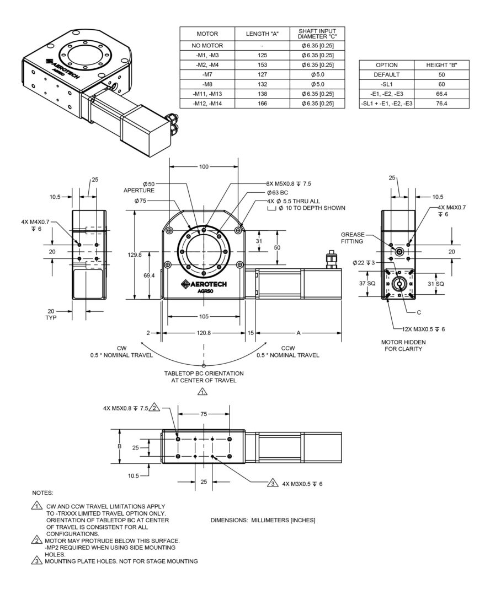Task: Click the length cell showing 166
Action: pyautogui.click(x=262, y=104)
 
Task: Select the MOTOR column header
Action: pyautogui.click(x=207, y=34)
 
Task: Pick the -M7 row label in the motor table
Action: pyautogui.click(x=207, y=74)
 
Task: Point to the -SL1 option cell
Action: pyautogui.click(x=386, y=84)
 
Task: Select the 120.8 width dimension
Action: pyautogui.click(x=204, y=333)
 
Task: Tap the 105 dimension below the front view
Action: pyautogui.click(x=204, y=317)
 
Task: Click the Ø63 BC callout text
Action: pyautogui.click(x=278, y=192)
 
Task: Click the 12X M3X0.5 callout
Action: pyautogui.click(x=423, y=328)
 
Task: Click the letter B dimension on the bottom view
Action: pyautogui.click(x=120, y=447)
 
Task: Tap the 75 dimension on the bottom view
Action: pyautogui.click(x=204, y=414)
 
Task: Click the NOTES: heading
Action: pyautogui.click(x=43, y=491)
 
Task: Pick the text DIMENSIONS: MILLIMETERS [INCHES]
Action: pyautogui.click(x=263, y=520)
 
